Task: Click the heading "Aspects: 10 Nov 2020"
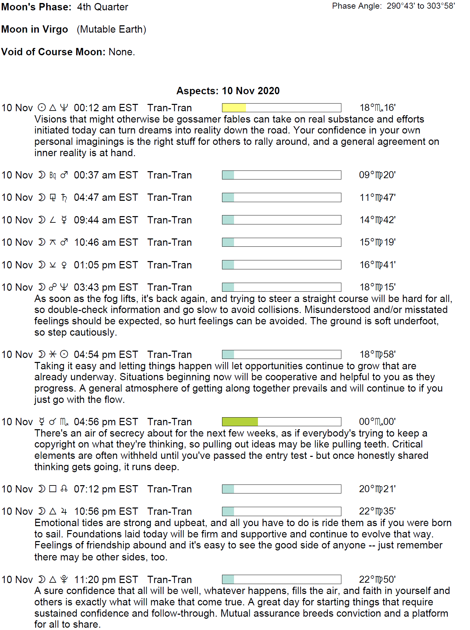point(228,91)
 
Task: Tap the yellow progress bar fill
point(234,108)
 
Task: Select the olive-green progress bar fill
point(240,422)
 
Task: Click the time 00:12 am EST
point(106,108)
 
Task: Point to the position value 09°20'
point(377,175)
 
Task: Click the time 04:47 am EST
point(106,197)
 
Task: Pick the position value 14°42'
point(378,220)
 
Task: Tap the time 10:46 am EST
point(106,242)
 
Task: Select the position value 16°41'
point(378,265)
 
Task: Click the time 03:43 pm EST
point(106,287)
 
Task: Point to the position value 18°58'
point(378,355)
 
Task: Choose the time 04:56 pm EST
point(106,422)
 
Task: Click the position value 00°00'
point(377,422)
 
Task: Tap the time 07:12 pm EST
point(106,489)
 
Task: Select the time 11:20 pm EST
point(106,580)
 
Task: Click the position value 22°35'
point(377,511)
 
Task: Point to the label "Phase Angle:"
point(357,6)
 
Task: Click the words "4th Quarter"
point(102,7)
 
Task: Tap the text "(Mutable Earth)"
point(111,29)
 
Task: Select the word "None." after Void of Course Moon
point(122,52)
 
